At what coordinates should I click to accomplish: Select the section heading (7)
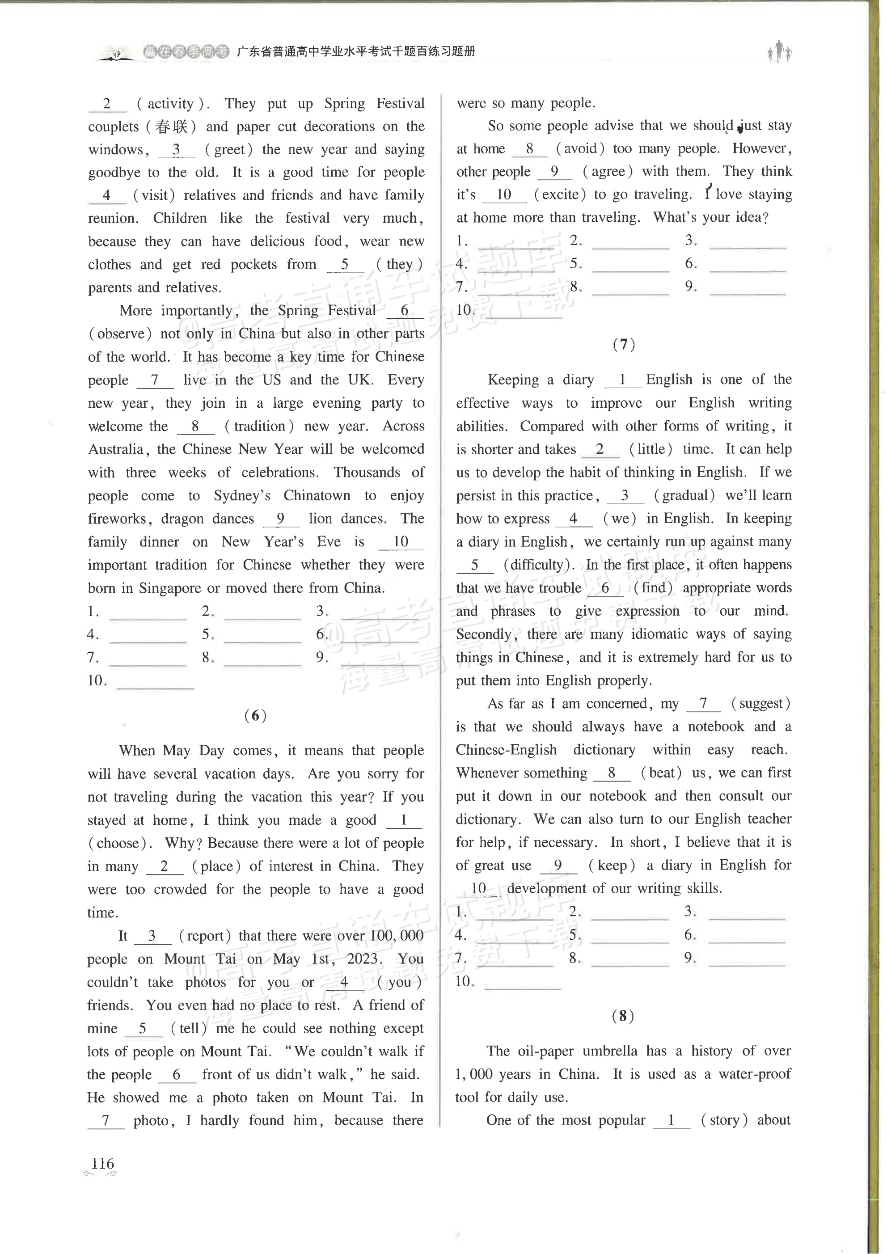[x=624, y=344]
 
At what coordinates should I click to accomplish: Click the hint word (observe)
[x=120, y=334]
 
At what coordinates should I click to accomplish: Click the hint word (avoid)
[x=580, y=148]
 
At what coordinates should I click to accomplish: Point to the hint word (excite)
[x=560, y=194]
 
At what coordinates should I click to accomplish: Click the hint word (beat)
[x=661, y=773]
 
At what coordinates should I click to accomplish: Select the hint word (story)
[x=724, y=1120]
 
